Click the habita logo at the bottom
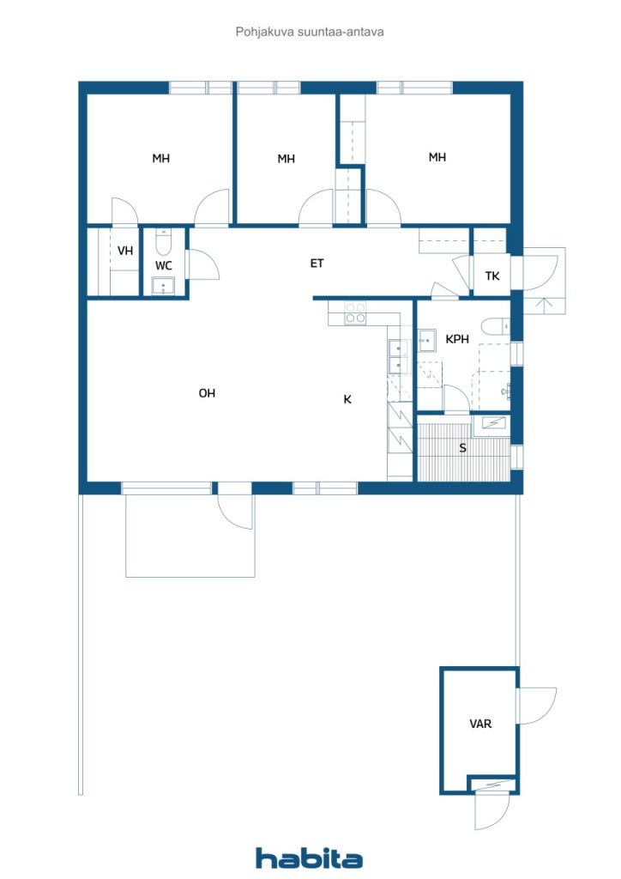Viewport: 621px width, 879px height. point(309,858)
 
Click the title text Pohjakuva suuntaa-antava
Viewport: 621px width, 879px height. point(309,32)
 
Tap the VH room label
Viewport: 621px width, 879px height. point(125,251)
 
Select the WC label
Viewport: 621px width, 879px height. point(164,266)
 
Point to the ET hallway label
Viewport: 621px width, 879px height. point(317,263)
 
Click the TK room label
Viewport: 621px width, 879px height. point(492,276)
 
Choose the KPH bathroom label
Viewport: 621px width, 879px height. point(457,339)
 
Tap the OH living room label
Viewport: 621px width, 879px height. point(208,393)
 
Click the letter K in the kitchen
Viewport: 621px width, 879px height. point(347,399)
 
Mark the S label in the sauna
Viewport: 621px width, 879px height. point(462,448)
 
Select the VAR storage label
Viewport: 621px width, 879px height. point(480,724)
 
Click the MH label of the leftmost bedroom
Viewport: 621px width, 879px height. point(161,159)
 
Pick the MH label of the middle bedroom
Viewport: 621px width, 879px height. point(286,159)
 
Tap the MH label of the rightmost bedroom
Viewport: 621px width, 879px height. point(437,158)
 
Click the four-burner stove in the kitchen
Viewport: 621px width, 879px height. point(355,312)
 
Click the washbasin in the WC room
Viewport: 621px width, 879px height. point(164,285)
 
